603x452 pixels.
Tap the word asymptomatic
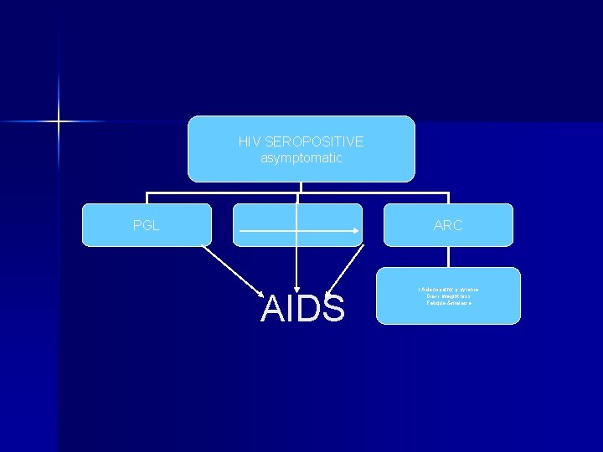tap(301, 158)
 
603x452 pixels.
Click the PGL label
tap(146, 225)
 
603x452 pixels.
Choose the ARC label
tap(448, 225)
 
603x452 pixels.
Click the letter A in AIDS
tap(273, 309)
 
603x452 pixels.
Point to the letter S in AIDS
tap(332, 309)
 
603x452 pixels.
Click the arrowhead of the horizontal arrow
tap(356, 230)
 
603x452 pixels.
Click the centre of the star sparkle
tap(59, 122)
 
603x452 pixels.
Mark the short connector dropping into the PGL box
tap(147, 198)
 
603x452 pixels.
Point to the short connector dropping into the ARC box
tap(449, 198)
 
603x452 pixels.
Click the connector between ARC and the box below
tap(449, 257)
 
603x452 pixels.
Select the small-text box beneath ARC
tap(448, 295)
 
